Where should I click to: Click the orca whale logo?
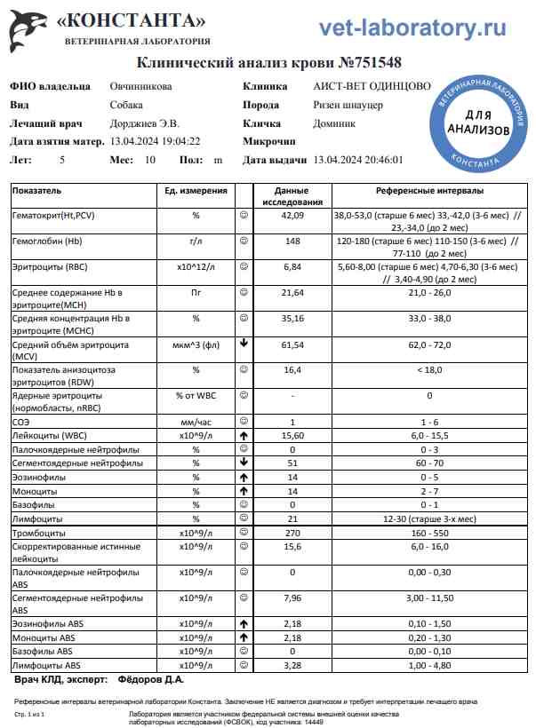click(x=27, y=29)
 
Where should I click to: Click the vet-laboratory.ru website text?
click(x=412, y=28)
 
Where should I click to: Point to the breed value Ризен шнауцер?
click(x=349, y=106)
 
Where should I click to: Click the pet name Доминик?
click(x=334, y=124)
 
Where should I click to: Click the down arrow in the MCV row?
click(x=243, y=344)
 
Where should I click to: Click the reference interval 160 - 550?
click(x=430, y=532)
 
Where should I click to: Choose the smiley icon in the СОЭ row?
click(x=243, y=422)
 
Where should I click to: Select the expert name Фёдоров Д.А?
click(x=150, y=680)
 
